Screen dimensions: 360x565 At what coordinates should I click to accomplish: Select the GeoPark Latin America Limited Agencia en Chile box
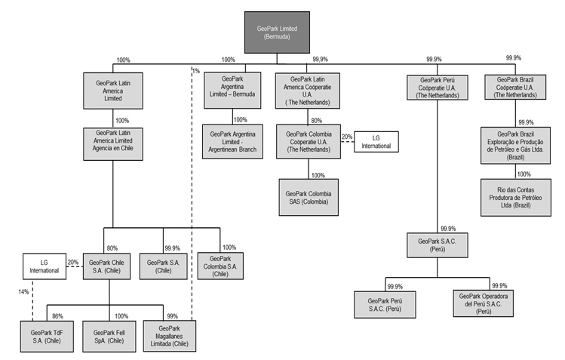point(113,143)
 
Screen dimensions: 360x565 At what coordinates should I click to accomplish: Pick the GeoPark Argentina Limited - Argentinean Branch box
point(233,142)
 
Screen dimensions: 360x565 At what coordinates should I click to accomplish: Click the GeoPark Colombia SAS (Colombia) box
point(308,197)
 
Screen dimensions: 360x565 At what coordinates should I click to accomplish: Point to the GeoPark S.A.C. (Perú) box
point(437,245)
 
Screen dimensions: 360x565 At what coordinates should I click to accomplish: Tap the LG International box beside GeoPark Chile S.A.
point(45,266)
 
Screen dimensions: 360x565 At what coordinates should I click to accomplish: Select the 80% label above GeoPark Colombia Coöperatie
point(315,119)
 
